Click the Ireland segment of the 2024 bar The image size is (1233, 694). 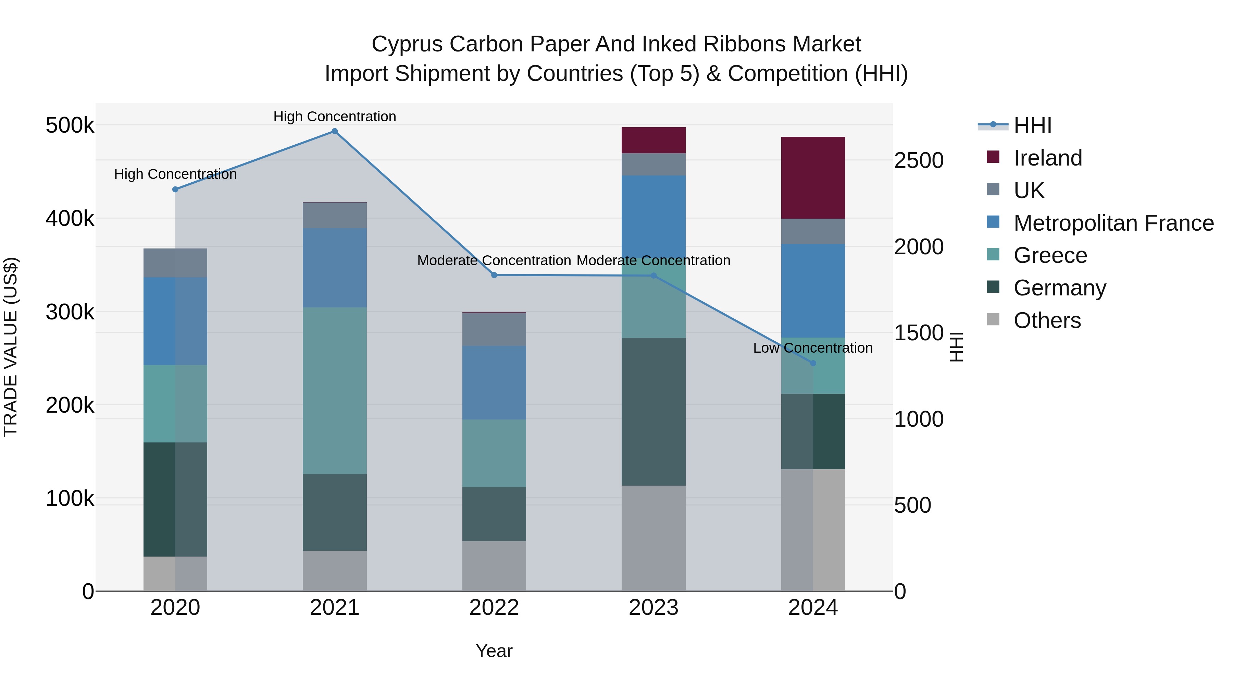(813, 178)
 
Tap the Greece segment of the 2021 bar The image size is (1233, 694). (335, 390)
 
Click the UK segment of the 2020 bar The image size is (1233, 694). (175, 263)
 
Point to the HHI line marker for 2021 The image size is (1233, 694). (335, 131)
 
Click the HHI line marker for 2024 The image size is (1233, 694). (813, 363)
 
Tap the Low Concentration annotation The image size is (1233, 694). (812, 348)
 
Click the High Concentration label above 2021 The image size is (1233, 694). (335, 117)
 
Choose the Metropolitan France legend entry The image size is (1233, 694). (1113, 223)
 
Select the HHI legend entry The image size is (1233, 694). (1032, 125)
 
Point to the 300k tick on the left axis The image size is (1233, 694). (70, 312)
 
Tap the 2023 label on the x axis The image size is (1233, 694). (653, 608)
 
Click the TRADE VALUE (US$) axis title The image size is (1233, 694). (11, 347)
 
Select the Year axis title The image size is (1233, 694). (494, 651)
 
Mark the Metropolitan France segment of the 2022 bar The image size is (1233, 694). (494, 383)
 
